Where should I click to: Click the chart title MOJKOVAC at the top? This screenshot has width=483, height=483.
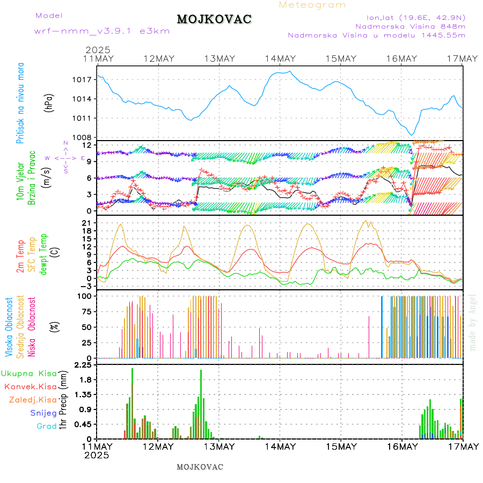[214, 19]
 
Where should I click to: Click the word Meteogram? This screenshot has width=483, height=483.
[312, 5]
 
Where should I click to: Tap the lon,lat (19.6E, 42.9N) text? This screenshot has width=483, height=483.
[415, 17]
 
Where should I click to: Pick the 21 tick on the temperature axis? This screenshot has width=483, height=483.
[86, 223]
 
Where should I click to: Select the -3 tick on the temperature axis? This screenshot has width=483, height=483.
[86, 287]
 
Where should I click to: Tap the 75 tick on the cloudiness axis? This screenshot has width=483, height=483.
[86, 311]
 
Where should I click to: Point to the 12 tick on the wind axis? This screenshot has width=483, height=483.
[86, 145]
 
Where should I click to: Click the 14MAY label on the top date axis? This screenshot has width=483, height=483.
[280, 58]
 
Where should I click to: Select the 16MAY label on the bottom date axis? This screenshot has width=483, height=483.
[401, 447]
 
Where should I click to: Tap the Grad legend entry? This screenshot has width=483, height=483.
[46, 427]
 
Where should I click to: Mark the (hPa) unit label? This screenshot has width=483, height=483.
[49, 103]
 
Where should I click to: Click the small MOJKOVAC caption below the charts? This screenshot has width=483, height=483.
[200, 467]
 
